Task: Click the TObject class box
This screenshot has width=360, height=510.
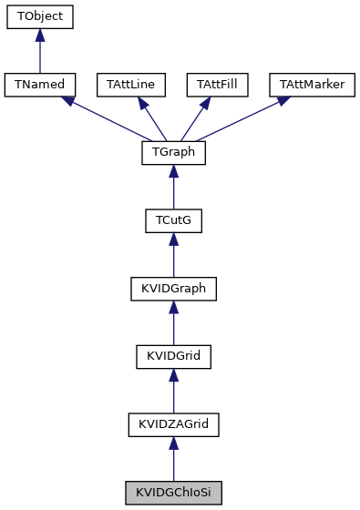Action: point(39,16)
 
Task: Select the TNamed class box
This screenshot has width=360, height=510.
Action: point(39,85)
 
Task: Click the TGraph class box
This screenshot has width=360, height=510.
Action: point(173,153)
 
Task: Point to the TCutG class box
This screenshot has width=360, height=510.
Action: point(173,221)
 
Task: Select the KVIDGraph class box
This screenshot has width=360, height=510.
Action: point(173,289)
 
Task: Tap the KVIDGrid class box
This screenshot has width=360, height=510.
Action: point(173,357)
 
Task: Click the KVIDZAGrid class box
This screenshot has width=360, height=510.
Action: point(173,425)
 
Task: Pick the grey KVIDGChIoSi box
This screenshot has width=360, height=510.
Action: point(173,493)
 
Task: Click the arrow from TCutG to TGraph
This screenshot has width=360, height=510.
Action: point(173,188)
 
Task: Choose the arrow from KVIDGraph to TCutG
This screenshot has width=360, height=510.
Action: point(173,256)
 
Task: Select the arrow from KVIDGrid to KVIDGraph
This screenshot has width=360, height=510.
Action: point(173,323)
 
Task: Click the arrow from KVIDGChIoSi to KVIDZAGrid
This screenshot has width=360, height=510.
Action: point(173,460)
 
